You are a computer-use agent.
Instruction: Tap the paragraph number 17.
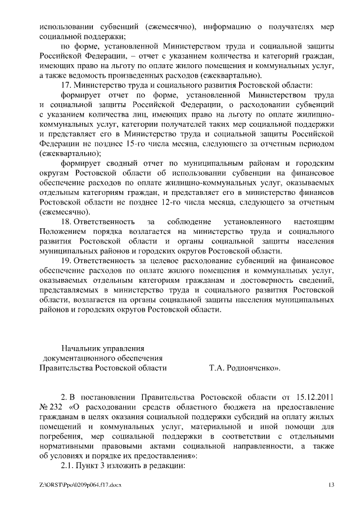66,86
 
